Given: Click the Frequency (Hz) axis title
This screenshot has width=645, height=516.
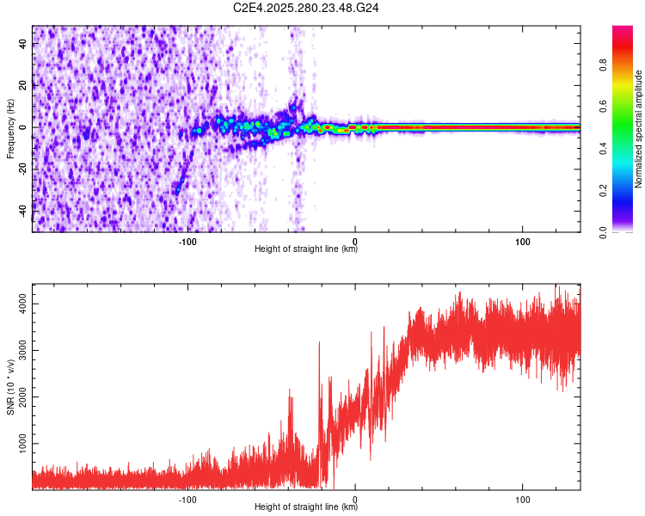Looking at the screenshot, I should tap(10, 129).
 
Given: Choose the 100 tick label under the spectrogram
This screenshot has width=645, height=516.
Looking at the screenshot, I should tap(522, 241).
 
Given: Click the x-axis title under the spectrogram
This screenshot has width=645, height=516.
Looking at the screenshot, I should tap(306, 249).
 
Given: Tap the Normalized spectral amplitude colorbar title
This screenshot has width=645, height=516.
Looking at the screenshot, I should tap(639, 129).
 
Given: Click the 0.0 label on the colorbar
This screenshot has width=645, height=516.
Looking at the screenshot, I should tap(626, 230).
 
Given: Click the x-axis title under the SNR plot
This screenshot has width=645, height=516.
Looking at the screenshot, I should tap(306, 507).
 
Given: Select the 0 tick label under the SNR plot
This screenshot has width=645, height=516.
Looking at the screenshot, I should tap(355, 499).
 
